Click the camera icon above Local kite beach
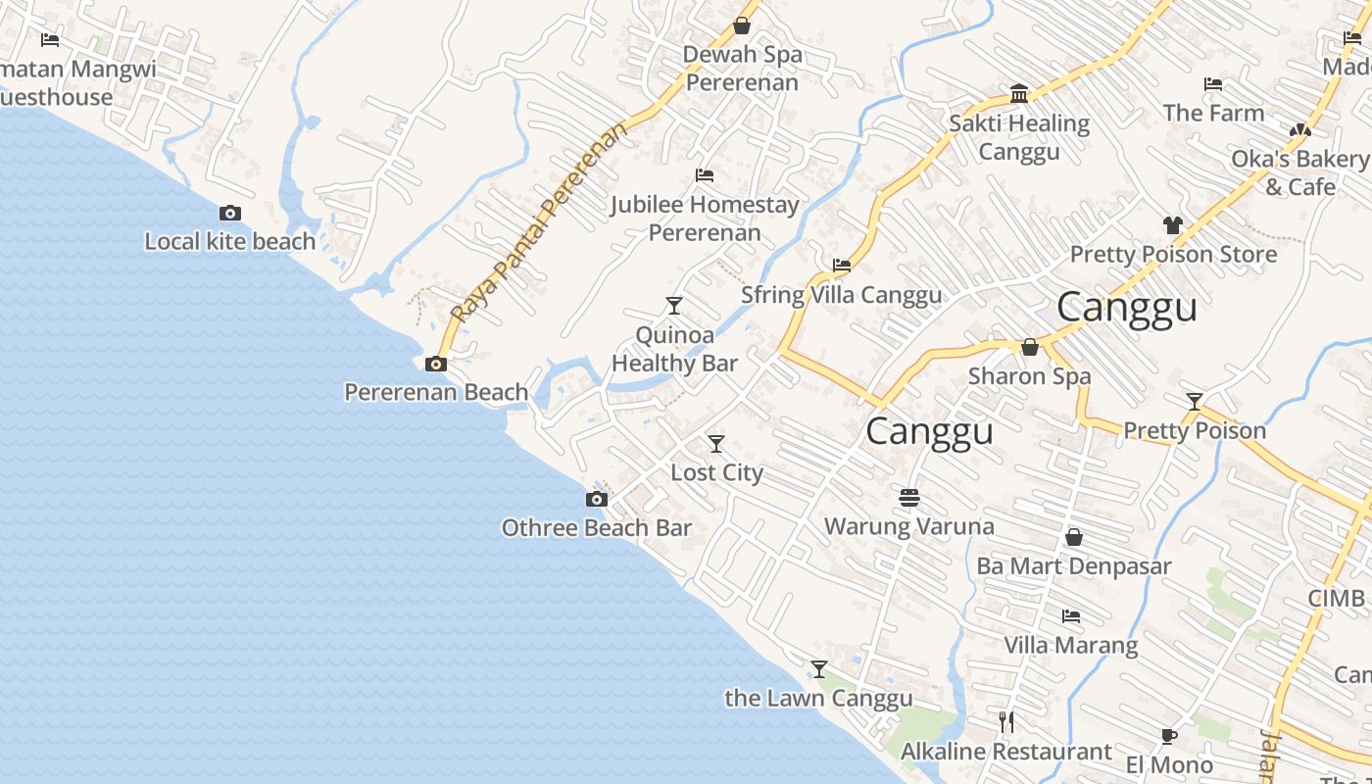(230, 213)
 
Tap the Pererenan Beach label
(436, 392)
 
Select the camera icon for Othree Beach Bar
(596, 500)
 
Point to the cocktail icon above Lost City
(716, 444)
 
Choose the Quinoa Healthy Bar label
(674, 349)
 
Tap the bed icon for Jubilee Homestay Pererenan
(704, 175)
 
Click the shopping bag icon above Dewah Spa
(742, 25)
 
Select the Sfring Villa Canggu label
(841, 295)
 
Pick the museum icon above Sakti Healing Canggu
(1019, 94)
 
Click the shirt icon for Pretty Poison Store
(1172, 225)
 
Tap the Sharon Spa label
(1029, 376)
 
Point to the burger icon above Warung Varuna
(909, 498)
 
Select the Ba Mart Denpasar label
(1074, 566)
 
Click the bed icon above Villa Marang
(1071, 616)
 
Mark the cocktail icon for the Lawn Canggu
(819, 669)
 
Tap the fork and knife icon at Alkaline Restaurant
(1006, 722)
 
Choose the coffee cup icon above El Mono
(1168, 736)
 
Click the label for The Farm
(1213, 114)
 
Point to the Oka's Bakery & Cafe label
(1299, 172)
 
